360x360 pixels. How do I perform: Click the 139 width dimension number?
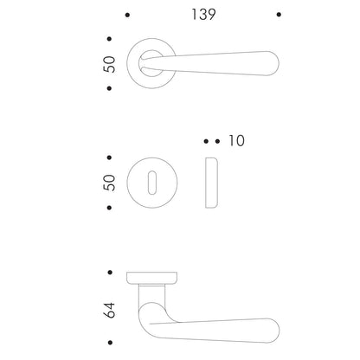[x=203, y=15]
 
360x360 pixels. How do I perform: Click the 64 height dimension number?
[x=109, y=310]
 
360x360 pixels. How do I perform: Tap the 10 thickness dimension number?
[x=236, y=140]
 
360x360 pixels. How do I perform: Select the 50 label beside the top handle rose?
[x=109, y=64]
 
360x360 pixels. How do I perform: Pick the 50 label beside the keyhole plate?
[x=109, y=183]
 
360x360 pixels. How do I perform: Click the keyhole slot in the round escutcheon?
[x=152, y=183]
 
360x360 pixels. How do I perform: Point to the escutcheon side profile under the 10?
[x=211, y=183]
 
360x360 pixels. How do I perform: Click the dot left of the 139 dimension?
[x=127, y=15]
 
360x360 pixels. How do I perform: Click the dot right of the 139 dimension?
[x=279, y=15]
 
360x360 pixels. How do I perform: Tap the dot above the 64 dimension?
[x=110, y=273]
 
